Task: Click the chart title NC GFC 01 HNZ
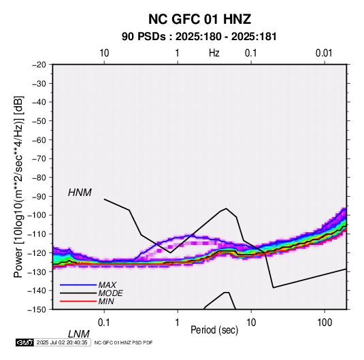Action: coord(199,19)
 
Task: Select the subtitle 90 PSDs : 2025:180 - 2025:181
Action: coord(199,37)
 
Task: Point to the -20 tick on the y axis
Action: coord(39,65)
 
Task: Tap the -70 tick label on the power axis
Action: coord(39,159)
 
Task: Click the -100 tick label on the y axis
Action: coord(37,215)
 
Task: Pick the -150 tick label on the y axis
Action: coord(37,310)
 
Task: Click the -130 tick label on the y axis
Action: coord(37,272)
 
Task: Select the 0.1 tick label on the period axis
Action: coord(104,323)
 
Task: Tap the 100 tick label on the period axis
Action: coord(325,323)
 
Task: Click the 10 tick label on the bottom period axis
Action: coord(251,323)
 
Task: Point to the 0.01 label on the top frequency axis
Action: coord(324,53)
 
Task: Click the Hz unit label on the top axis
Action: coord(214,53)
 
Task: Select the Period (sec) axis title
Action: coord(214,330)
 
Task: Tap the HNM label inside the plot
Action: coord(80,193)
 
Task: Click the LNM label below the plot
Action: coord(79,334)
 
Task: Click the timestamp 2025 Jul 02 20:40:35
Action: coord(62,342)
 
